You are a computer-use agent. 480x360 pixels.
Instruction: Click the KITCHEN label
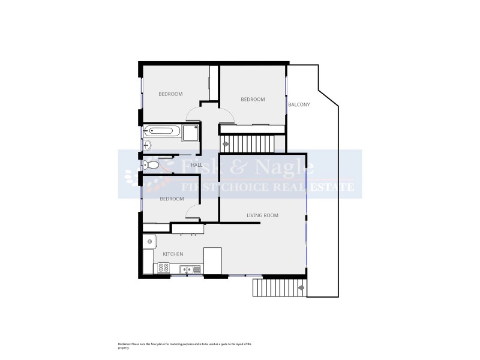(173, 254)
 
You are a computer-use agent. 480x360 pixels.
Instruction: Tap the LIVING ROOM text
(262, 215)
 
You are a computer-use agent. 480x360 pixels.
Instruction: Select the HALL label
(196, 165)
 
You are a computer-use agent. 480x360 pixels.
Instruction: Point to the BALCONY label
(299, 104)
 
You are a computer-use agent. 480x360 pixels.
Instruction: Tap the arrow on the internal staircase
(226, 145)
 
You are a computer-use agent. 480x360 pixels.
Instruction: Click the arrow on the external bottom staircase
(300, 287)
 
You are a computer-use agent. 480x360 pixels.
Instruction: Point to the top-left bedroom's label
(170, 94)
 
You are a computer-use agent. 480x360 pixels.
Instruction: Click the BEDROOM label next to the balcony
(253, 100)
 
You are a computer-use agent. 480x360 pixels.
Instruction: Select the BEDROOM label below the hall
(172, 199)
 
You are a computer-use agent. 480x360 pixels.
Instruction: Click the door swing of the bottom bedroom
(193, 211)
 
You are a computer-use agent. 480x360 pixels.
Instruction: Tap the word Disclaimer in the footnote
(124, 344)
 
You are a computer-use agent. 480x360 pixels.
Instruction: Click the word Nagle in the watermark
(278, 166)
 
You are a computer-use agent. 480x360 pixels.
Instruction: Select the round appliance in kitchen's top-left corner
(148, 242)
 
